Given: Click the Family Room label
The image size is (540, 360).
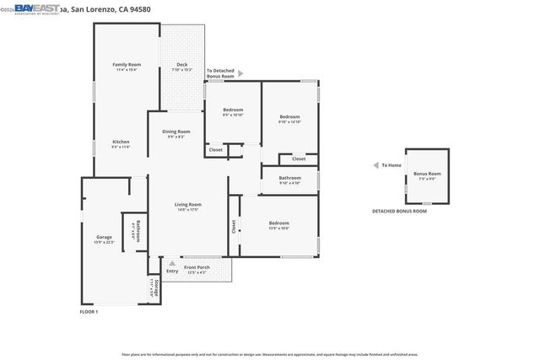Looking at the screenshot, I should tap(127, 65).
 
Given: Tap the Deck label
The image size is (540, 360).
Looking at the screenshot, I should tap(181, 65).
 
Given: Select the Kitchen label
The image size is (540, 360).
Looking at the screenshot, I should tap(121, 142).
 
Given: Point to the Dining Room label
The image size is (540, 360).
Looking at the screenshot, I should tap(176, 132).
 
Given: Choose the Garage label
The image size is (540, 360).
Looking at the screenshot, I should tap(103, 237).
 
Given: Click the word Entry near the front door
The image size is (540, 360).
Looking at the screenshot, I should tap(172, 271).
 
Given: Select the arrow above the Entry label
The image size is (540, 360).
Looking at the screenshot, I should tap(172, 263).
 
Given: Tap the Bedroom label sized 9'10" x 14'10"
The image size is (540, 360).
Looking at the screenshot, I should tap(289, 116).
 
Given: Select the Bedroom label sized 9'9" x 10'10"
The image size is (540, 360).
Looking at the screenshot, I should tap(233, 110).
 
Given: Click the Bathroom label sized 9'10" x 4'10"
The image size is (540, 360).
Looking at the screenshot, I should tap(289, 178).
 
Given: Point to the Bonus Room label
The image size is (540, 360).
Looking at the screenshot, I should tap(427, 174).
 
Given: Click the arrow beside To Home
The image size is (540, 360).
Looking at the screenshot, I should tap(376, 165).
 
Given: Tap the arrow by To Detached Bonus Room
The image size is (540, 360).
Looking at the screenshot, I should tap(240, 73).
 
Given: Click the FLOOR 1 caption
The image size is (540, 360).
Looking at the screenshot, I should tap(89, 312).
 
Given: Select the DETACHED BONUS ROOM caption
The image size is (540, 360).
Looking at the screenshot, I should tap(400, 211).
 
